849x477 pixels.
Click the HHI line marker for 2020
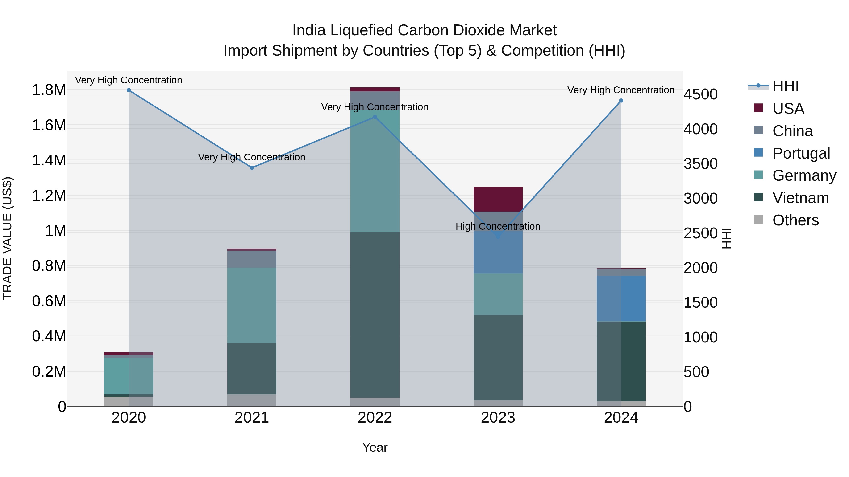point(129,90)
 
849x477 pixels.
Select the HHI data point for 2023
point(498,236)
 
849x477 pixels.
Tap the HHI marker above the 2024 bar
point(621,101)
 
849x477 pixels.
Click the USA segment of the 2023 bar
point(498,199)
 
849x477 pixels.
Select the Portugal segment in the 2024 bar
point(621,299)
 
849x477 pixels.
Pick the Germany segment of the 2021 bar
point(252,305)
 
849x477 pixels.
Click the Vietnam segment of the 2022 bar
point(375,315)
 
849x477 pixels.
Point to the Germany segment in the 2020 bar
point(129,376)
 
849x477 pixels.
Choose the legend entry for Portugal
point(801,153)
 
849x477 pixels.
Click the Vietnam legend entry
point(800,198)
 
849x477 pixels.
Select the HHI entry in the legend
point(785,86)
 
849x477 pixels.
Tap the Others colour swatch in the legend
point(758,220)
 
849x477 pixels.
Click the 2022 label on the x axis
point(375,418)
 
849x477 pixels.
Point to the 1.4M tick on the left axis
point(49,161)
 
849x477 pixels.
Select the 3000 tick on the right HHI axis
point(700,199)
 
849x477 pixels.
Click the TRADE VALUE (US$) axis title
point(7,238)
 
